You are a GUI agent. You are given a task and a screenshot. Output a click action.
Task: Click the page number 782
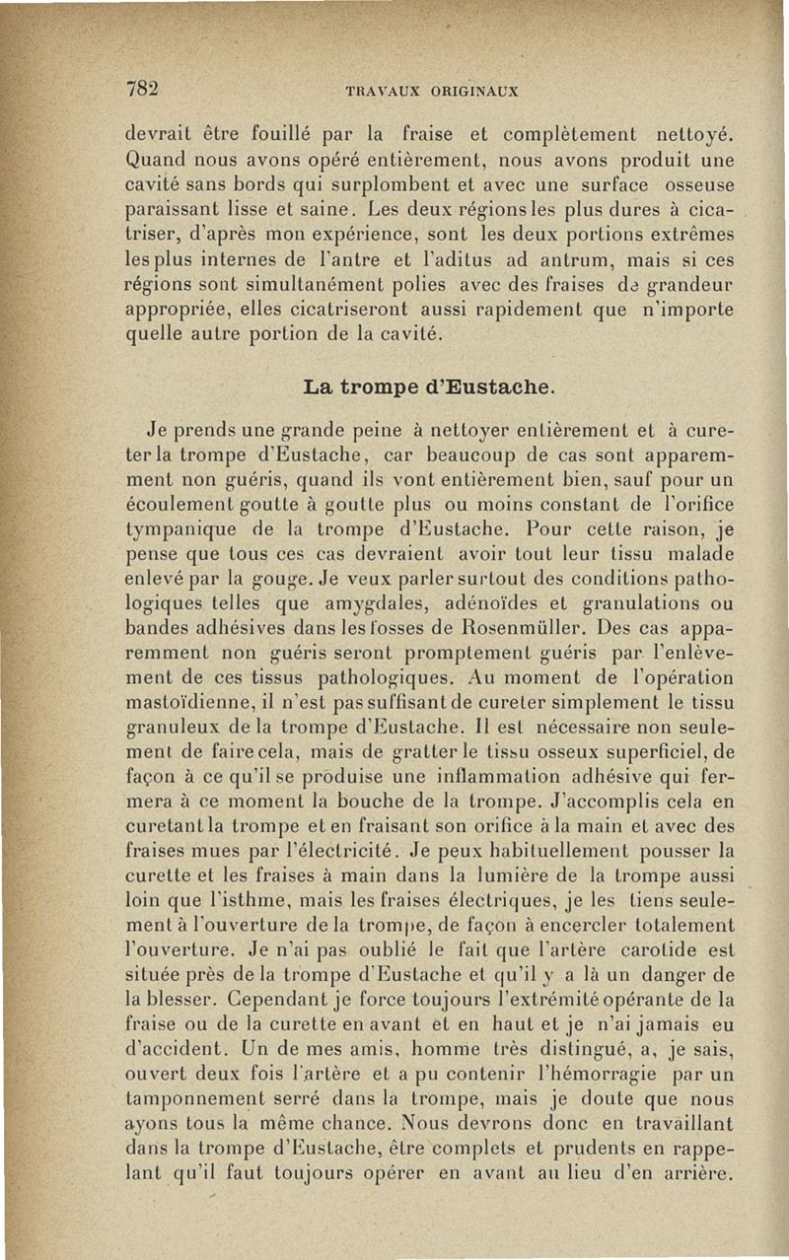tap(144, 87)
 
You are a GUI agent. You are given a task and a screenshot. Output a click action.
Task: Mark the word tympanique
tap(184, 531)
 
